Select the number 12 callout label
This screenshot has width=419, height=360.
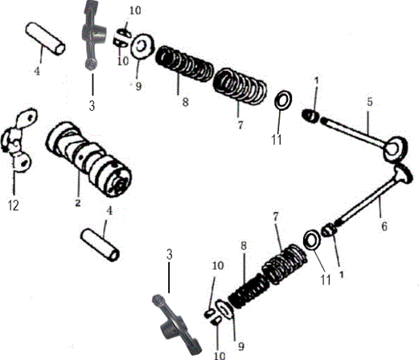point(14,207)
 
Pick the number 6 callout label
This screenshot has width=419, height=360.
point(384,227)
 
